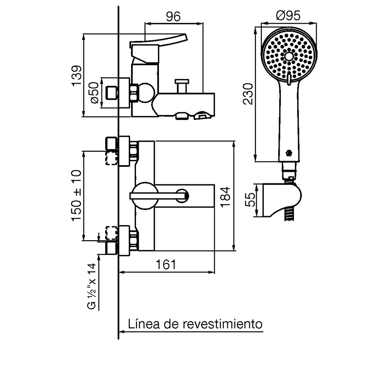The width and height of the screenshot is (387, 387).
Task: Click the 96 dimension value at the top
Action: click(173, 17)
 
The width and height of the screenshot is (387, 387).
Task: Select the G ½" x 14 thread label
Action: click(92, 286)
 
